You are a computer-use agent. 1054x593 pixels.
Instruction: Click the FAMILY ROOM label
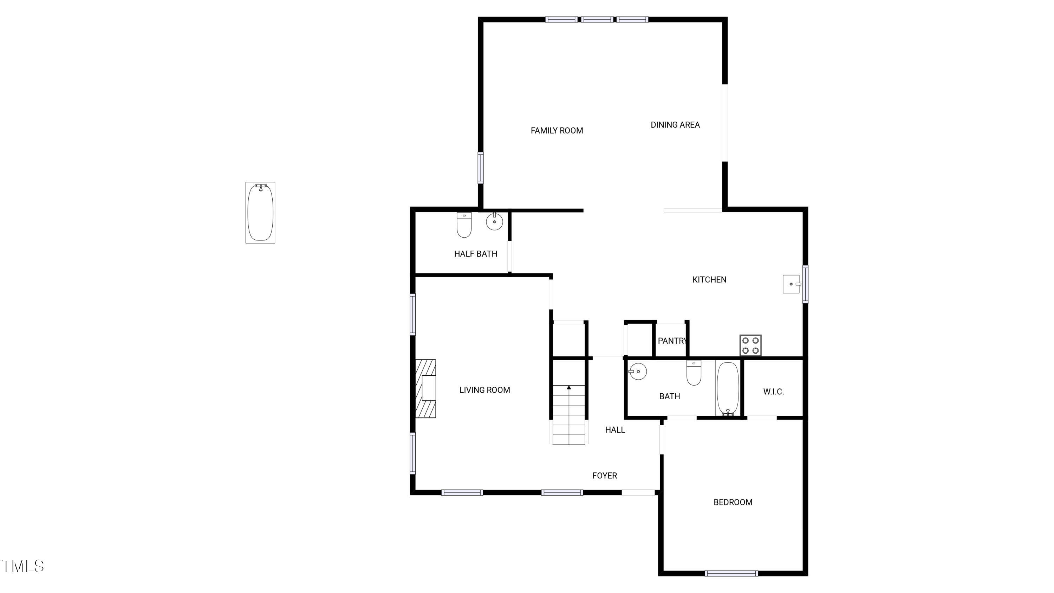[x=557, y=130]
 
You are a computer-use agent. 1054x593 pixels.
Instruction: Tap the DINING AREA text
[x=675, y=125]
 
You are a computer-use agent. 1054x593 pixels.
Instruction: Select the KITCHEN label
[x=709, y=279]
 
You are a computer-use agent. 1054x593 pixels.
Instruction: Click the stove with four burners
[x=750, y=345]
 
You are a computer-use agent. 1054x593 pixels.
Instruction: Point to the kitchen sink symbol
[x=791, y=284]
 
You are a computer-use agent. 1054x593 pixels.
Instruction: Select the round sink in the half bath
[x=494, y=222]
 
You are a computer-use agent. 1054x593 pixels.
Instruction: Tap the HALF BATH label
[x=475, y=254]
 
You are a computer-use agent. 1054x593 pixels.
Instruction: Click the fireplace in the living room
[x=426, y=388]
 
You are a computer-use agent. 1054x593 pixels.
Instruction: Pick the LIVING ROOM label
[x=484, y=390]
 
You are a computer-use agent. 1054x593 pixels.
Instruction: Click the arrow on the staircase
[x=569, y=387]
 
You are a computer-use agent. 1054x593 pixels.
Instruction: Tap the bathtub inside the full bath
[x=728, y=388]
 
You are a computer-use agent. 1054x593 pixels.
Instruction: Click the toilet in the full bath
[x=694, y=373]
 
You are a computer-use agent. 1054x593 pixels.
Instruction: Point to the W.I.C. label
[x=773, y=392]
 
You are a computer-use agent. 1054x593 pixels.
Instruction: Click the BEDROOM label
[x=733, y=502]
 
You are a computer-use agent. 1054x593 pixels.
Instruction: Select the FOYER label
[x=604, y=476]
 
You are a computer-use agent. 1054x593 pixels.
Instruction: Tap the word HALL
[x=614, y=430]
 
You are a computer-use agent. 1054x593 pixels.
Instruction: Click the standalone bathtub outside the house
[x=260, y=212]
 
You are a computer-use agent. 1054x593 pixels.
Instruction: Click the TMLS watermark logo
[x=22, y=566]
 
